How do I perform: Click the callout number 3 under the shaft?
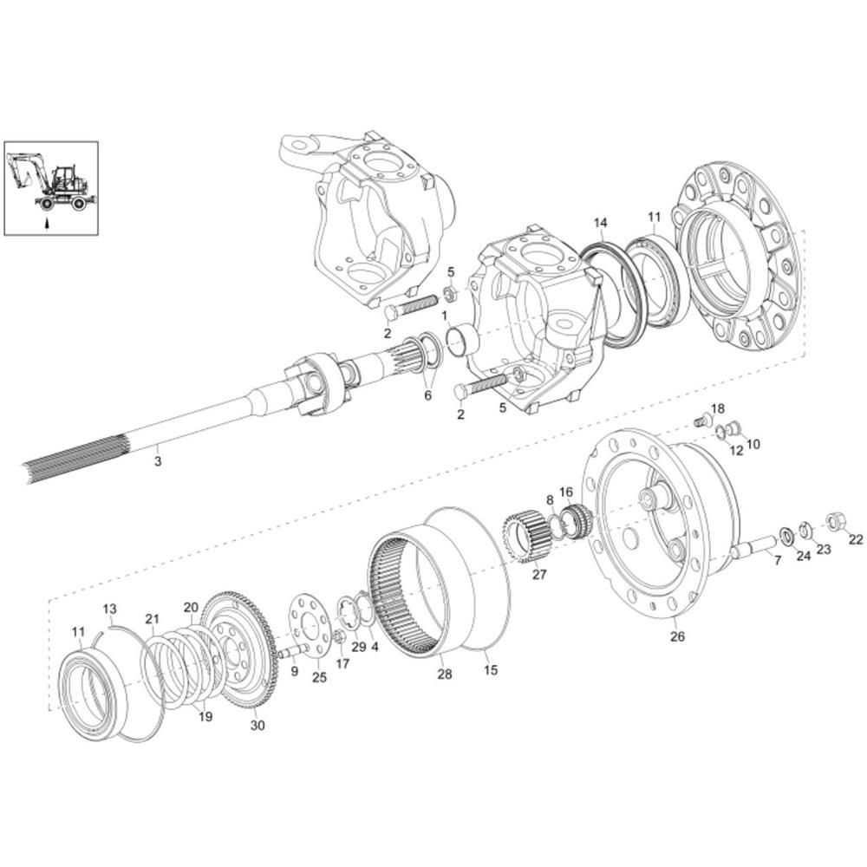pos(158,460)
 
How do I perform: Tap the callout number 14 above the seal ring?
pos(601,223)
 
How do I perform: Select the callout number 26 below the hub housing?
pos(677,636)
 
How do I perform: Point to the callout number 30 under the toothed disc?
pos(257,725)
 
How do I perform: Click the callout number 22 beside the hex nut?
pos(856,539)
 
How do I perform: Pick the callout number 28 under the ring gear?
pos(445,674)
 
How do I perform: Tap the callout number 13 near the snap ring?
pos(109,609)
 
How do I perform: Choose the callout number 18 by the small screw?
pos(717,409)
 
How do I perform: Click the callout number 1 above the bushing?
pos(444,316)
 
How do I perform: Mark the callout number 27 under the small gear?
pos(539,575)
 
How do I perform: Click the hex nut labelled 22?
pos(834,521)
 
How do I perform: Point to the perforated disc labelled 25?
pos(310,625)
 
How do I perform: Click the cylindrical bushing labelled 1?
pos(462,341)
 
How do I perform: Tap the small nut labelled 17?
pos(341,637)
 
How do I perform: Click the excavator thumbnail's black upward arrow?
pos(47,223)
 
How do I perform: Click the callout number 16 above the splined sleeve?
pos(566,492)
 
